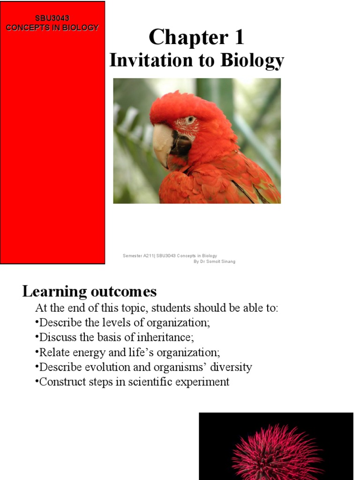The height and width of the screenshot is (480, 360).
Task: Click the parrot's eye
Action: point(190,120)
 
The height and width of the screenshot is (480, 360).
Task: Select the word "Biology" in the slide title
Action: point(255,61)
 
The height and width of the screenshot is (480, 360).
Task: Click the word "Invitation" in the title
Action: point(149,61)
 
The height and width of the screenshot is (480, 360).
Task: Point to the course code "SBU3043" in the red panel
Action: point(52,18)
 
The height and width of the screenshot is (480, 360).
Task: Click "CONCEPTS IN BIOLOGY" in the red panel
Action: point(52,28)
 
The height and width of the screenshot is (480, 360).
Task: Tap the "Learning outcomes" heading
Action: point(89,292)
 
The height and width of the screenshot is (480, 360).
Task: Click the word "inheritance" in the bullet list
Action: point(167,337)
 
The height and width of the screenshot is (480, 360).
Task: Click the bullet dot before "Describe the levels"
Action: point(37,323)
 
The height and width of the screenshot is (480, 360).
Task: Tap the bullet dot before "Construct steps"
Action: point(37,382)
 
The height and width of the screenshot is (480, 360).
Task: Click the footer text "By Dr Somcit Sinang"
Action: point(214,262)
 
